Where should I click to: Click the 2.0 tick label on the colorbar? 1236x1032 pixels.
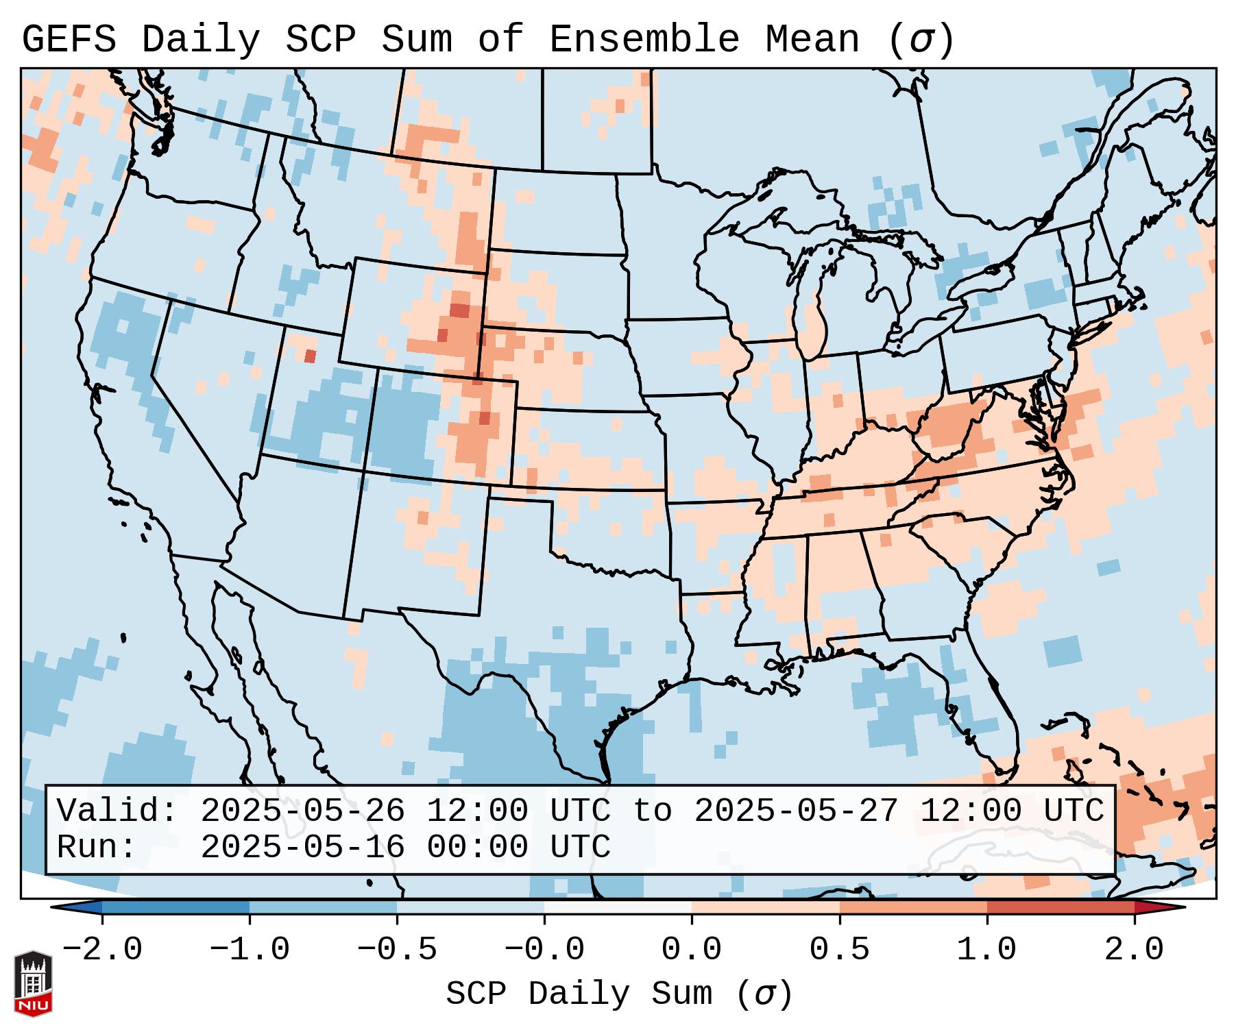click(x=1134, y=950)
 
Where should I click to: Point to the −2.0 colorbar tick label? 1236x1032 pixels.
click(x=101, y=950)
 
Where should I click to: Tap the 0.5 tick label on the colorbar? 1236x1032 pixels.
click(x=839, y=950)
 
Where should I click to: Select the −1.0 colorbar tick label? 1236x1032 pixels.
click(x=249, y=950)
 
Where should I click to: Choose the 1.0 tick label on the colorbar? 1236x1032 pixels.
click(x=986, y=950)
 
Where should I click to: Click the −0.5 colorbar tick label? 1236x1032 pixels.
click(x=396, y=950)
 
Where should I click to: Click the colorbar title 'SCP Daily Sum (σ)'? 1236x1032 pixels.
click(x=619, y=994)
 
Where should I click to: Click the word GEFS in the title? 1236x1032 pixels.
click(x=69, y=40)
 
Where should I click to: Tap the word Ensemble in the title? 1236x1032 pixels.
click(x=644, y=40)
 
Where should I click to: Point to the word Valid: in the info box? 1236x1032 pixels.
click(x=117, y=811)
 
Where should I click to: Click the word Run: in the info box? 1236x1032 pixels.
click(x=96, y=847)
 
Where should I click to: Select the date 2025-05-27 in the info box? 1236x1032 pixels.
click(x=796, y=811)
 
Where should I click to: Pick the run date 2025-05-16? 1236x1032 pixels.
click(x=302, y=847)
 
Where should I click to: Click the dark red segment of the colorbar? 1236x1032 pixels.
click(x=1061, y=907)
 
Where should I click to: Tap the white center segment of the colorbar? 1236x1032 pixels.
click(x=618, y=907)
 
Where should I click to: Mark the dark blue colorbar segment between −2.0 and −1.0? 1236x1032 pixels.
click(x=175, y=907)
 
